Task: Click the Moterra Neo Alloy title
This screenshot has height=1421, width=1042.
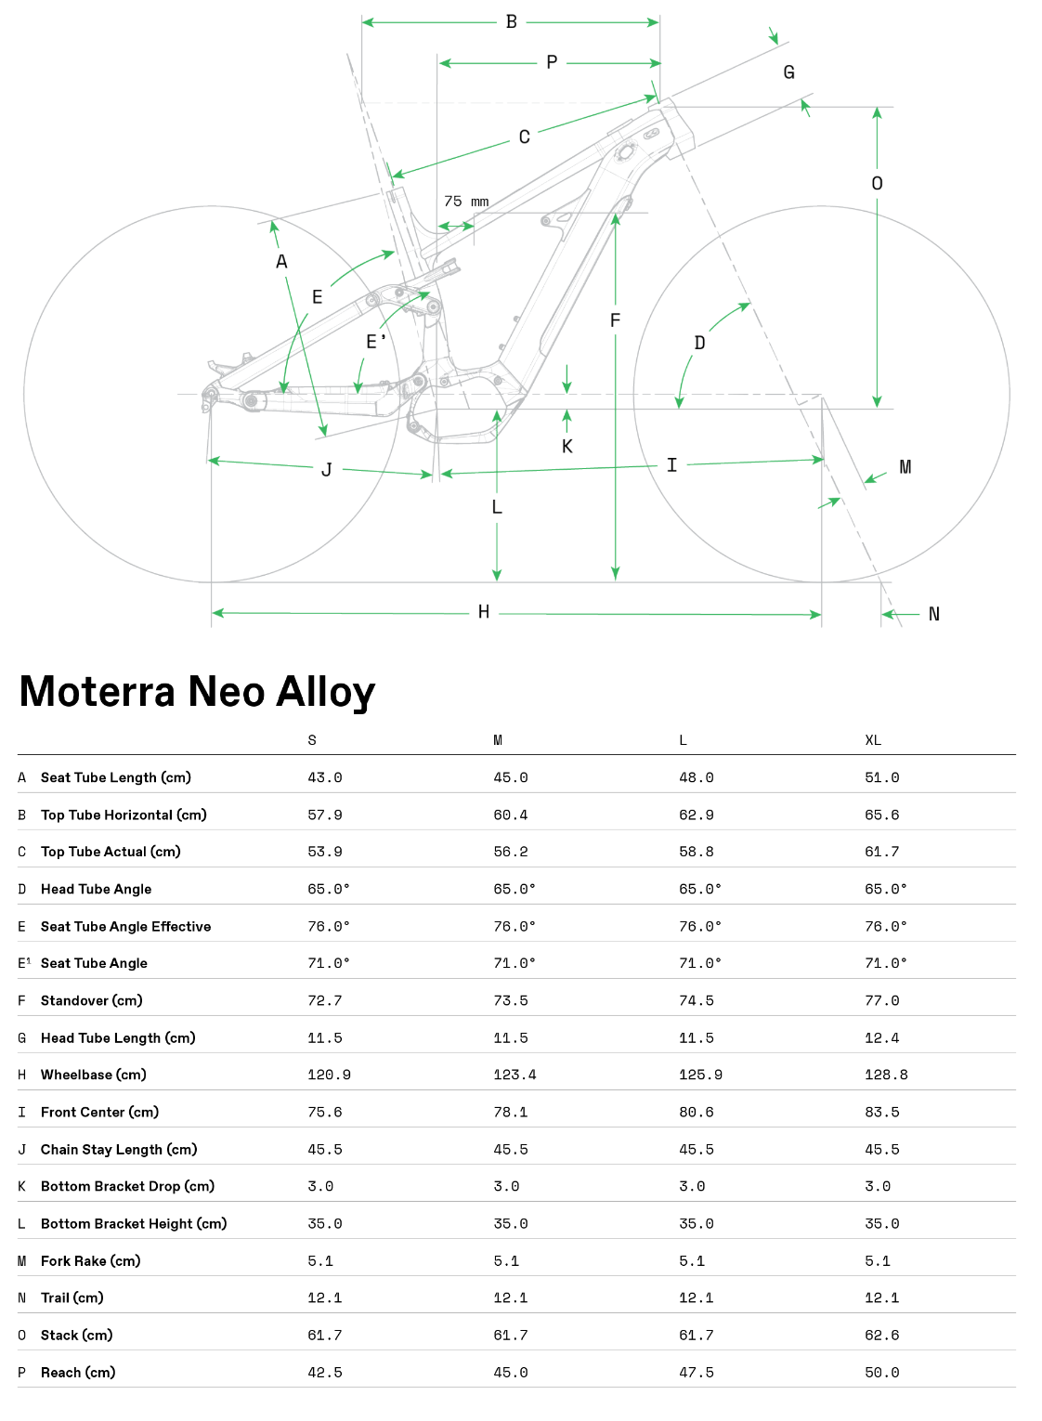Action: tap(197, 692)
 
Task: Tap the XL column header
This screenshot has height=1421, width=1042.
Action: tap(873, 740)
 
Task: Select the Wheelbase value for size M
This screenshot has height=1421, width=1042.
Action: tap(514, 1075)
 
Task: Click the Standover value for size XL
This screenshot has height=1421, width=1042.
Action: tap(881, 1000)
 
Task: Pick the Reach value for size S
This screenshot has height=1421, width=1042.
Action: tap(325, 1372)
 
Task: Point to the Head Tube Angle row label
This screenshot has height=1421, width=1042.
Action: tap(96, 889)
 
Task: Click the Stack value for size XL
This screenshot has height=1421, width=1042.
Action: tap(881, 1335)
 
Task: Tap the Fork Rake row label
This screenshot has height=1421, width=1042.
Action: tap(90, 1260)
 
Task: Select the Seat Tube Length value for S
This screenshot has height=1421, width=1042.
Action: tap(325, 777)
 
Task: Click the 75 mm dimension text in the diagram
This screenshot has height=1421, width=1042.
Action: tap(466, 202)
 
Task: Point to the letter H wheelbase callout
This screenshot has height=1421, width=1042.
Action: tap(484, 612)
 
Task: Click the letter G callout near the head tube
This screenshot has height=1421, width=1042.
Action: tap(788, 72)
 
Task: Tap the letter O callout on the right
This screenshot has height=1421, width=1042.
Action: tap(877, 184)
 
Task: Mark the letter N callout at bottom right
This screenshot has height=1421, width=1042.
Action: tap(934, 614)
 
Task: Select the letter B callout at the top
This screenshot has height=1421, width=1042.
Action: tap(512, 21)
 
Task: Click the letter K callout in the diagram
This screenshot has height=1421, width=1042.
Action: tap(567, 447)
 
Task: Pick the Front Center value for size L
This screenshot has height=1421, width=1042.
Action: tap(697, 1112)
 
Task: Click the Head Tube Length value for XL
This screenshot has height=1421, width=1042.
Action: tap(881, 1037)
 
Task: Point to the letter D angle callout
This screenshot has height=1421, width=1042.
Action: tap(700, 343)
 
